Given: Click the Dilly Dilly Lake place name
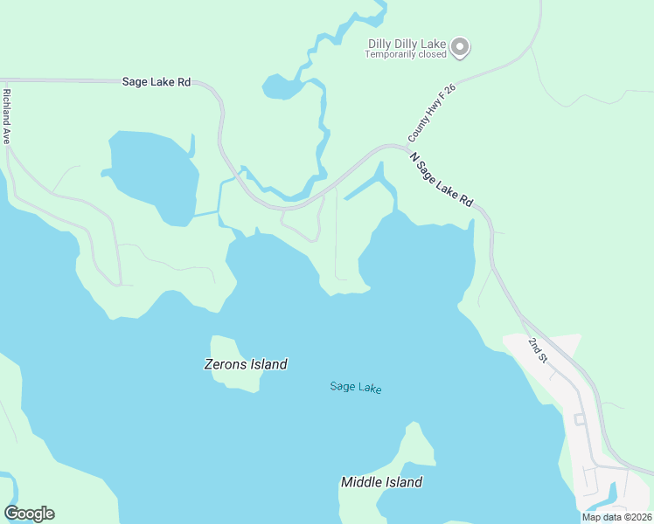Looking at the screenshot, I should (407, 43).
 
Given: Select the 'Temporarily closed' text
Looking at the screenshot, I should (406, 54).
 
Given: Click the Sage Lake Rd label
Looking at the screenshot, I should (156, 82).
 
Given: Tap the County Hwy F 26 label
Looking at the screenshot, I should (432, 114).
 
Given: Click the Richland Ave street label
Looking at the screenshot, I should (6, 115).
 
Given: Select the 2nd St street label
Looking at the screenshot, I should (537, 349).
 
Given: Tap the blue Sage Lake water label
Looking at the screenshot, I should (356, 387).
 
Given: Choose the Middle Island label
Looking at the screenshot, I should (381, 482).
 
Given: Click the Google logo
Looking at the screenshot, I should (29, 514).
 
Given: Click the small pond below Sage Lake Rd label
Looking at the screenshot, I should (281, 86).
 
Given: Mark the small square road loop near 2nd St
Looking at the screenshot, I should (579, 419).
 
